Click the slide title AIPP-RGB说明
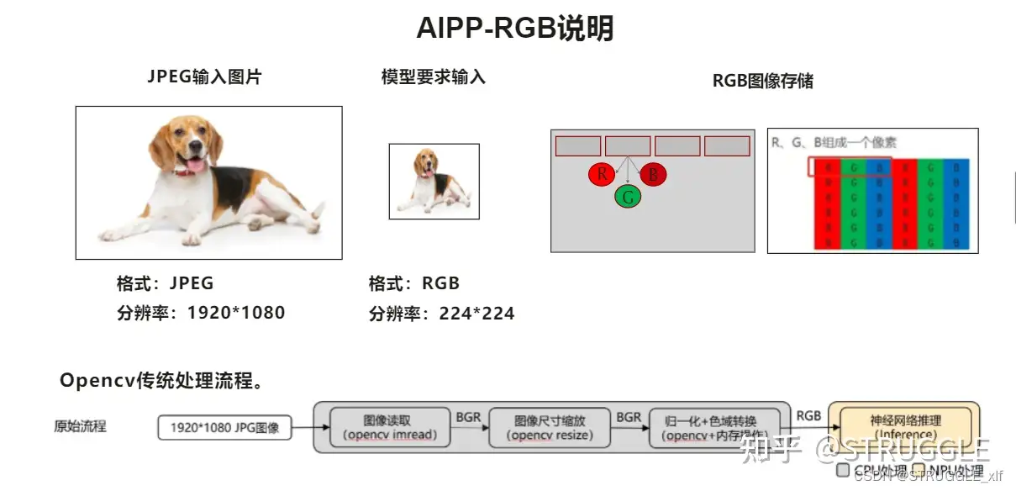(x=515, y=29)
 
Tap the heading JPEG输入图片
(x=205, y=77)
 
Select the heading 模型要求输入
(x=434, y=77)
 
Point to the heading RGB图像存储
(x=763, y=81)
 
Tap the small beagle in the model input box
(x=432, y=182)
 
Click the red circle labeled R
(x=602, y=175)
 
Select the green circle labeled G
(x=628, y=198)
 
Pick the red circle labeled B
(x=653, y=175)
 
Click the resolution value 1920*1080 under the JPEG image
(x=236, y=313)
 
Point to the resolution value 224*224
(x=476, y=314)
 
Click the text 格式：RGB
(x=414, y=283)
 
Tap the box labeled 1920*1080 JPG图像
(x=224, y=427)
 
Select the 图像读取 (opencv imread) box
(x=392, y=427)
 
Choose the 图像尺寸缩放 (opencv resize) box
(x=550, y=427)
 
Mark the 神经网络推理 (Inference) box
(x=904, y=426)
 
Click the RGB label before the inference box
(x=808, y=415)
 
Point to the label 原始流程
(x=81, y=426)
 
